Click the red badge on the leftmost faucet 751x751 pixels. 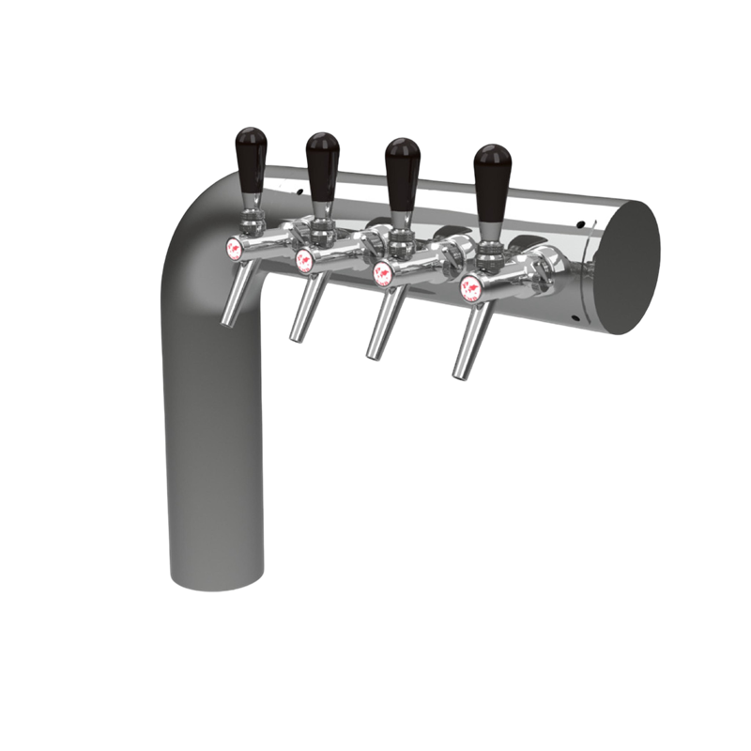click(235, 248)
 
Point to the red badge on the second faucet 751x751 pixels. click(303, 259)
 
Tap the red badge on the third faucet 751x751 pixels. click(383, 276)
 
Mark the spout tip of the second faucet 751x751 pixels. click(294, 336)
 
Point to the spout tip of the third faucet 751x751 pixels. click(368, 355)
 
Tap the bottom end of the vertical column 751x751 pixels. click(215, 577)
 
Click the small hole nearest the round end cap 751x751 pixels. click(578, 222)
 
